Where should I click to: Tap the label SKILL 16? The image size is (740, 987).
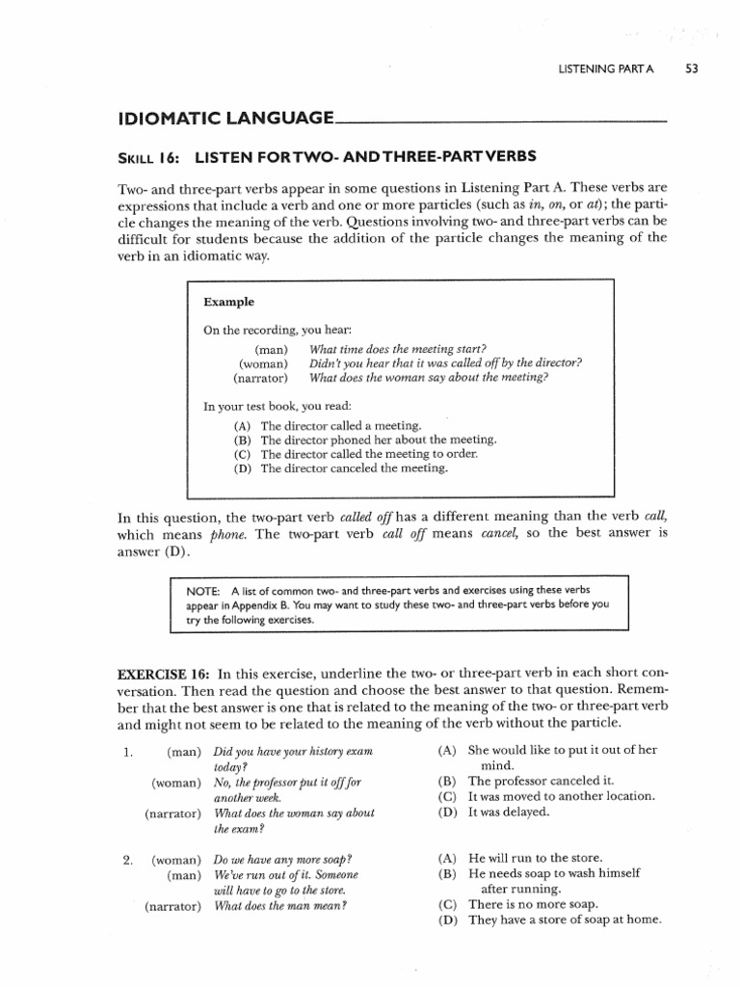click(149, 156)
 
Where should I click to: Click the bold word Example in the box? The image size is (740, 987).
click(228, 302)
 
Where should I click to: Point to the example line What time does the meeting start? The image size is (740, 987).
click(397, 348)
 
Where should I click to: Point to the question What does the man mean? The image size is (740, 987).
click(280, 905)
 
